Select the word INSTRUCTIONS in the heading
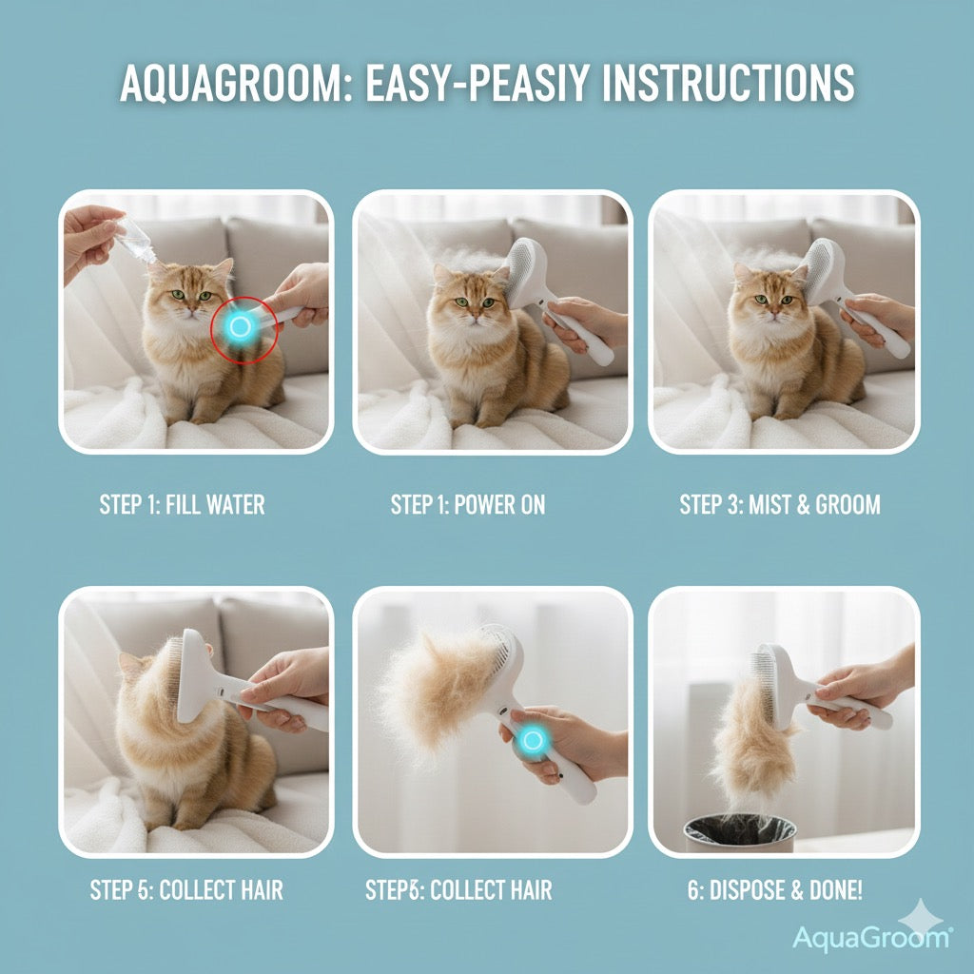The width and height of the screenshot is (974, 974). (729, 84)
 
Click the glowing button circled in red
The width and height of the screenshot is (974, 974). (240, 327)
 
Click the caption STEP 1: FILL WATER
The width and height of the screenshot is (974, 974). (183, 504)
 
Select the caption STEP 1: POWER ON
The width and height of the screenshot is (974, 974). (468, 504)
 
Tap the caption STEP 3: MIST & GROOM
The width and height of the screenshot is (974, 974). (780, 504)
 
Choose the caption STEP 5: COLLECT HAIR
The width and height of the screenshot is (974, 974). (186, 890)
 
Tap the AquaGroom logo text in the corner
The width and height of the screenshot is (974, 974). (870, 937)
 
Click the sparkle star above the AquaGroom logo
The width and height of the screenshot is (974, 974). (921, 915)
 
